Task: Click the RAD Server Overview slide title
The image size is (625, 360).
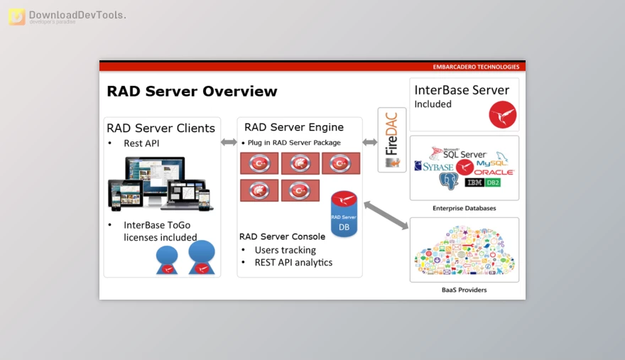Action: coord(192,92)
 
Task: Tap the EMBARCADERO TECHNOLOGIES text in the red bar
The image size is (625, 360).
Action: coord(476,67)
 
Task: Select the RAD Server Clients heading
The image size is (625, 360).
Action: coord(161,129)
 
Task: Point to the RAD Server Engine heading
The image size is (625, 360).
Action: coord(294,128)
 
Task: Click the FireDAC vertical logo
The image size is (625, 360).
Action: coord(392,135)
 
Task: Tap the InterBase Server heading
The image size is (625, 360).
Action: coord(462,90)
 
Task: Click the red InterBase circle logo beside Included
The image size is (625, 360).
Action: coord(503,114)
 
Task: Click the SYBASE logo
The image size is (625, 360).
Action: coord(434,167)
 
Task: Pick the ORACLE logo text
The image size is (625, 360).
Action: coord(494,173)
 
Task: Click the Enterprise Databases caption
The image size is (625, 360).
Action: coord(464,208)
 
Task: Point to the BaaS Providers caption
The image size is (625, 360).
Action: coord(464,290)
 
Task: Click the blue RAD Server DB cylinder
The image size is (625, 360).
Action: coord(344,216)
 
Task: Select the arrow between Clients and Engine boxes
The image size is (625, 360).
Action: coord(229,142)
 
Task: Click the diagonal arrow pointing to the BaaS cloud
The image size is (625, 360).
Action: coord(386,216)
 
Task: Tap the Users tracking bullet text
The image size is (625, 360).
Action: coord(285,250)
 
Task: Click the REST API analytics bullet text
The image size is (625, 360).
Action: coord(293,263)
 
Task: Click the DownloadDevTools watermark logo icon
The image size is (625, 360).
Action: coord(16,17)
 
